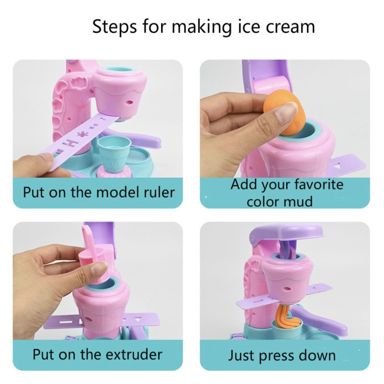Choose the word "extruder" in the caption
134,354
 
